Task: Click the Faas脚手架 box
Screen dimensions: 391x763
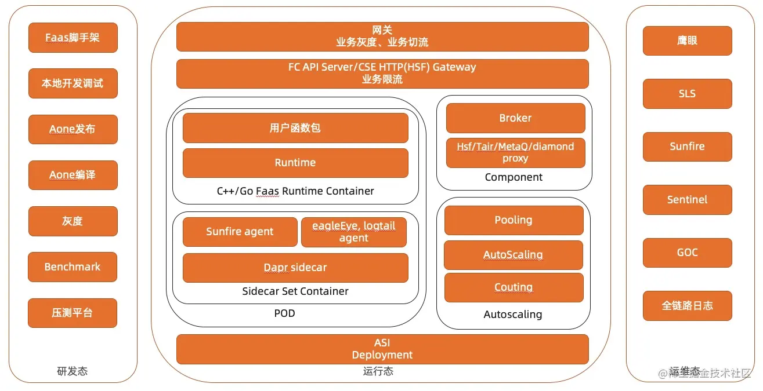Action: coord(73,38)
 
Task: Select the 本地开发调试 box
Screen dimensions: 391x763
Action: coord(73,83)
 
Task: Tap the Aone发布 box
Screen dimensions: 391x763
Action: coord(73,129)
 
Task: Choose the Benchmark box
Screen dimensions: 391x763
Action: coord(73,267)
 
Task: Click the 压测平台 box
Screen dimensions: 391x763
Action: coord(73,313)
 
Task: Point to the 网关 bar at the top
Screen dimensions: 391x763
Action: coord(382,36)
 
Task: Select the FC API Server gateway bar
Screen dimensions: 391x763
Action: coord(382,74)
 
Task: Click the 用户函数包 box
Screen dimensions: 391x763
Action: coord(295,128)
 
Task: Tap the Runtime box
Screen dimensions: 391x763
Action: coord(295,163)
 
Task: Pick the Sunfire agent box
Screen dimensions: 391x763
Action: coord(240,232)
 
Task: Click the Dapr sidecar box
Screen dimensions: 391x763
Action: coord(295,268)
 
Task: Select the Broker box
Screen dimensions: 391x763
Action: coord(515,118)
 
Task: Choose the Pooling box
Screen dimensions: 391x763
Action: coord(514,220)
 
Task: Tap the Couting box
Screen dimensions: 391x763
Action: coord(514,287)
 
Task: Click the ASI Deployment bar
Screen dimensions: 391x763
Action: coord(382,349)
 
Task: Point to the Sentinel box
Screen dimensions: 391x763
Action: coord(687,200)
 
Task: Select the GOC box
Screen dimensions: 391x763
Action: coord(687,253)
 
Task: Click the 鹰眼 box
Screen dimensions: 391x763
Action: coord(687,41)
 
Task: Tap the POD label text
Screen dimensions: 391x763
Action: coord(284,313)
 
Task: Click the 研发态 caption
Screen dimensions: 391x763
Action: coord(73,371)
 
